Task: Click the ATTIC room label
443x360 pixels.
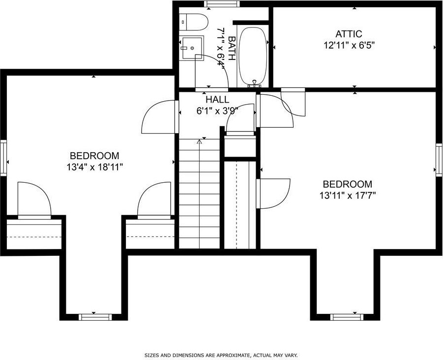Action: click(x=349, y=34)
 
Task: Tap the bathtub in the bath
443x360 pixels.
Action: click(x=253, y=56)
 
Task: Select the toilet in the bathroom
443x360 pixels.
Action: click(x=194, y=22)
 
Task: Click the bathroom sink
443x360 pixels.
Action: click(x=192, y=48)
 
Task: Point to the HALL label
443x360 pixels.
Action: click(x=217, y=99)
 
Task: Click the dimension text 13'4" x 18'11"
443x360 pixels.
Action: click(x=94, y=167)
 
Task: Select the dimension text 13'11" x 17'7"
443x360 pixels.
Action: click(x=348, y=195)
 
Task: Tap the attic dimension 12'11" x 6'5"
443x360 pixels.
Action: click(x=349, y=45)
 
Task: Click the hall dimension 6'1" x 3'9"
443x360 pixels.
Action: click(x=217, y=111)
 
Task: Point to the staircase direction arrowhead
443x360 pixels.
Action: click(x=200, y=141)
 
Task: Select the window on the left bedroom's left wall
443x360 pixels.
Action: click(x=3, y=158)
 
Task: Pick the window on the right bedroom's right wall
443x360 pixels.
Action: click(x=439, y=160)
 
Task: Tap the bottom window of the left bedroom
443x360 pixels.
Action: click(x=95, y=317)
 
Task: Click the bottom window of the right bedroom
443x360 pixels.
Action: click(x=347, y=317)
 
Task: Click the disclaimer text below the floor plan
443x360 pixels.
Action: click(x=221, y=355)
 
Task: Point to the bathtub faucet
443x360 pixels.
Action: click(x=255, y=83)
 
